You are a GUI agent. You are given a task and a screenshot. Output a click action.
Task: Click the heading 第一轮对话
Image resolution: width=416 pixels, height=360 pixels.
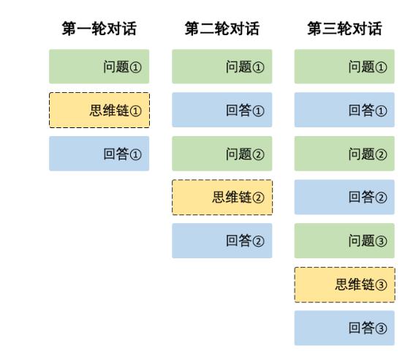(99, 29)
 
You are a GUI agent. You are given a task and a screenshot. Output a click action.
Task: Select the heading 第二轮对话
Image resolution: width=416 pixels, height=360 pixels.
(222, 29)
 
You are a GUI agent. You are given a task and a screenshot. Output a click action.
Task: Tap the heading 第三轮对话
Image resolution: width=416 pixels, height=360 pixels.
(344, 29)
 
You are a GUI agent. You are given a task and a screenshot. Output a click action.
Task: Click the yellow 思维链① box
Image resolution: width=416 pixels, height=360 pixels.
(99, 110)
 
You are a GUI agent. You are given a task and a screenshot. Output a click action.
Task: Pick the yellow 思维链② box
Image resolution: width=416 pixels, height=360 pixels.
(222, 198)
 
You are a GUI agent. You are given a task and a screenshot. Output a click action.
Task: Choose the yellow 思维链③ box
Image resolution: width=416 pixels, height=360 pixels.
(344, 285)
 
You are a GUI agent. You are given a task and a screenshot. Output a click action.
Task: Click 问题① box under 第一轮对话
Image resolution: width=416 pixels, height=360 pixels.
(99, 67)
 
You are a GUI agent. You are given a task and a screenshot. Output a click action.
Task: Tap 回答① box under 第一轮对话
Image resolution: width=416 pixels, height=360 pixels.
(99, 154)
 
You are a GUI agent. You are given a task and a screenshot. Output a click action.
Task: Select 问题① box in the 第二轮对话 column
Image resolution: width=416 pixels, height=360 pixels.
(222, 67)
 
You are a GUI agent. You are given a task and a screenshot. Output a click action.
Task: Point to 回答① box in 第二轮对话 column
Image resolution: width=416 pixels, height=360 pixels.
(222, 110)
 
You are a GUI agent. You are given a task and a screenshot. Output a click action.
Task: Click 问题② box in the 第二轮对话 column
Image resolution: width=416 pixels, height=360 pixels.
(222, 154)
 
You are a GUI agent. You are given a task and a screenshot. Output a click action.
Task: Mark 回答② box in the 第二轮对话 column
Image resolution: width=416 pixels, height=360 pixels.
(222, 241)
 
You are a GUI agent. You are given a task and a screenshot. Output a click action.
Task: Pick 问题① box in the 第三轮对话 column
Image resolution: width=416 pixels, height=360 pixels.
(344, 67)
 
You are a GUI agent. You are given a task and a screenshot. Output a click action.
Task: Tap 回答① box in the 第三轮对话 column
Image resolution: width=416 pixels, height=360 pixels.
(344, 110)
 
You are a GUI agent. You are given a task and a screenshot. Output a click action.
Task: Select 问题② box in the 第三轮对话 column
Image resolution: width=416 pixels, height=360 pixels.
(344, 154)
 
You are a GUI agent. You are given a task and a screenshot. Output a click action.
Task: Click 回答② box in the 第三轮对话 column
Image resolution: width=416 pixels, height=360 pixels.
(344, 197)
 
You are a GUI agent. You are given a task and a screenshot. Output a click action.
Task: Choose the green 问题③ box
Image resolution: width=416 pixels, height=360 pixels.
(344, 241)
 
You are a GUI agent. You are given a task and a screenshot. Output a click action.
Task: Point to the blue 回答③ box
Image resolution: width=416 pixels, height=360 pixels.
(344, 328)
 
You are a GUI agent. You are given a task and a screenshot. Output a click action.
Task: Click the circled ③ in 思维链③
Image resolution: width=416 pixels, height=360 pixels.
(381, 285)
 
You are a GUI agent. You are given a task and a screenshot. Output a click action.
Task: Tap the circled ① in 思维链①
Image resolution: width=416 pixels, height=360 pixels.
(135, 111)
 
